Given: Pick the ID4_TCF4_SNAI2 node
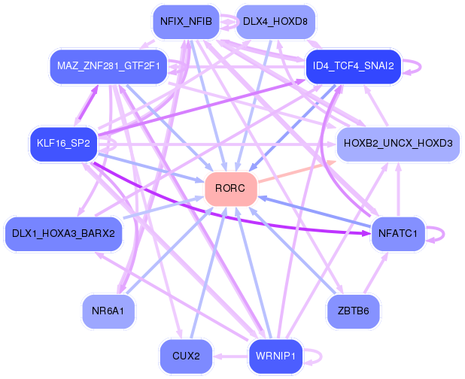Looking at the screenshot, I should point(354,66).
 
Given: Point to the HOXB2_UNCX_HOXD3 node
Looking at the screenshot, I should point(397,143).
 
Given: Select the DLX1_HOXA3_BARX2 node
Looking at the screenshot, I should point(63,233).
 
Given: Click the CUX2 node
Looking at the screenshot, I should point(186,356).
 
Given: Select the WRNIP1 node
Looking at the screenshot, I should point(275,356).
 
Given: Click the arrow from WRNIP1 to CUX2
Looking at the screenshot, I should point(229,356).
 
